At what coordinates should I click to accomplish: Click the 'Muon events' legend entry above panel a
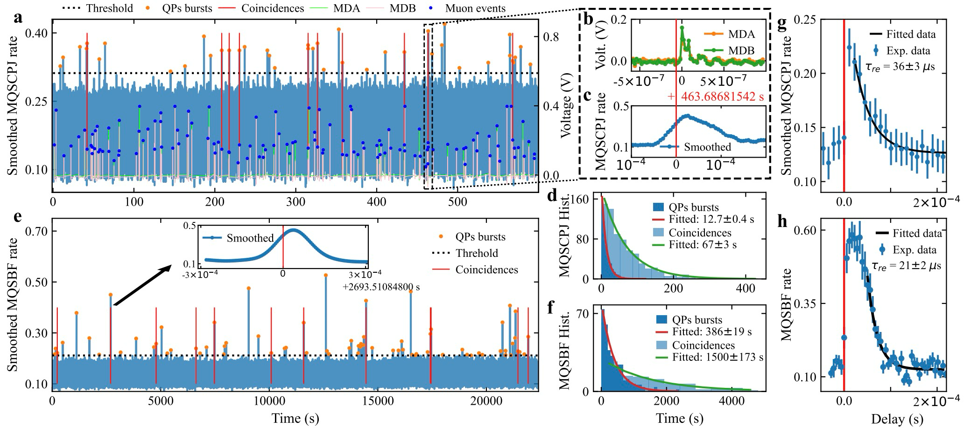[x=475, y=8]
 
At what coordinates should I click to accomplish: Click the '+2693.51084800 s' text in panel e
[x=381, y=287]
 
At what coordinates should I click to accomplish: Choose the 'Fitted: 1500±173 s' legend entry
[x=718, y=357]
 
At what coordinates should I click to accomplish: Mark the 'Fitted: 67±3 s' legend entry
[x=703, y=244]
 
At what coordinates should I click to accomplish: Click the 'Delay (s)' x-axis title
[x=897, y=419]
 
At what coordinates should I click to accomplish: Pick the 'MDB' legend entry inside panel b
[x=741, y=50]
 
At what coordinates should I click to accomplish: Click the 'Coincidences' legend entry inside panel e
[x=486, y=270]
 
